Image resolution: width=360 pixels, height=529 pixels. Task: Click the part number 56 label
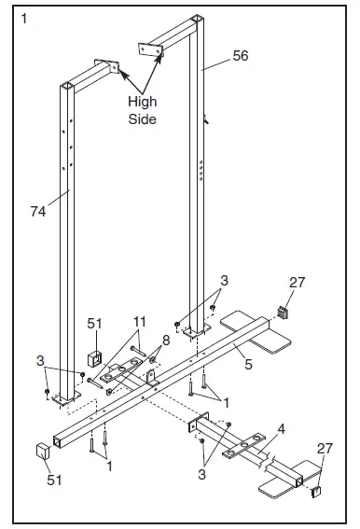coord(241,56)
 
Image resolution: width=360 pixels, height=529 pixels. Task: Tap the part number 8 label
coord(165,341)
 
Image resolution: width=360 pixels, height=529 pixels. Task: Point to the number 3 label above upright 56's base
coord(224,281)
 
